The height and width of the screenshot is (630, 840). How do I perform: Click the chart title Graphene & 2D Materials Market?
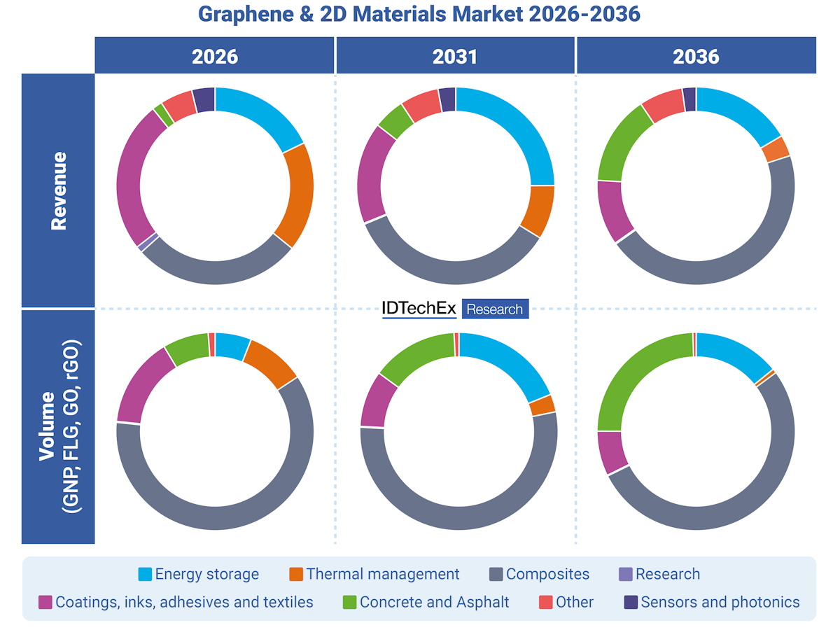click(419, 14)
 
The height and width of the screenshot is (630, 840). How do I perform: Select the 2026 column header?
click(215, 56)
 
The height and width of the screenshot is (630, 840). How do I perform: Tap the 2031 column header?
click(455, 56)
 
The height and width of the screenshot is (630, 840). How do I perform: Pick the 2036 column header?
click(696, 56)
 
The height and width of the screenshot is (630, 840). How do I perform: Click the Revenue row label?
click(58, 190)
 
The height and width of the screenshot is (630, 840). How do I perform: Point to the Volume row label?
click(58, 427)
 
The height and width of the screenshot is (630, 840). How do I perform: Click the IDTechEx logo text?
click(419, 309)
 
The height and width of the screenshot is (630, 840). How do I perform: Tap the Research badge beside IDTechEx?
click(494, 309)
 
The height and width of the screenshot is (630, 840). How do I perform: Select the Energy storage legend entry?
click(199, 575)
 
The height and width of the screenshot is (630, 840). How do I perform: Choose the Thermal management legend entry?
click(374, 575)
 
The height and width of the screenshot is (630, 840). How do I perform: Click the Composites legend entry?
click(539, 575)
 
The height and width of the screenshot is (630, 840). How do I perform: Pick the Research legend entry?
click(659, 575)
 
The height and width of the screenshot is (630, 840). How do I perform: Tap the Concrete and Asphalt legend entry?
click(426, 602)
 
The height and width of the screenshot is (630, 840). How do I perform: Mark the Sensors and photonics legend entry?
click(710, 602)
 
